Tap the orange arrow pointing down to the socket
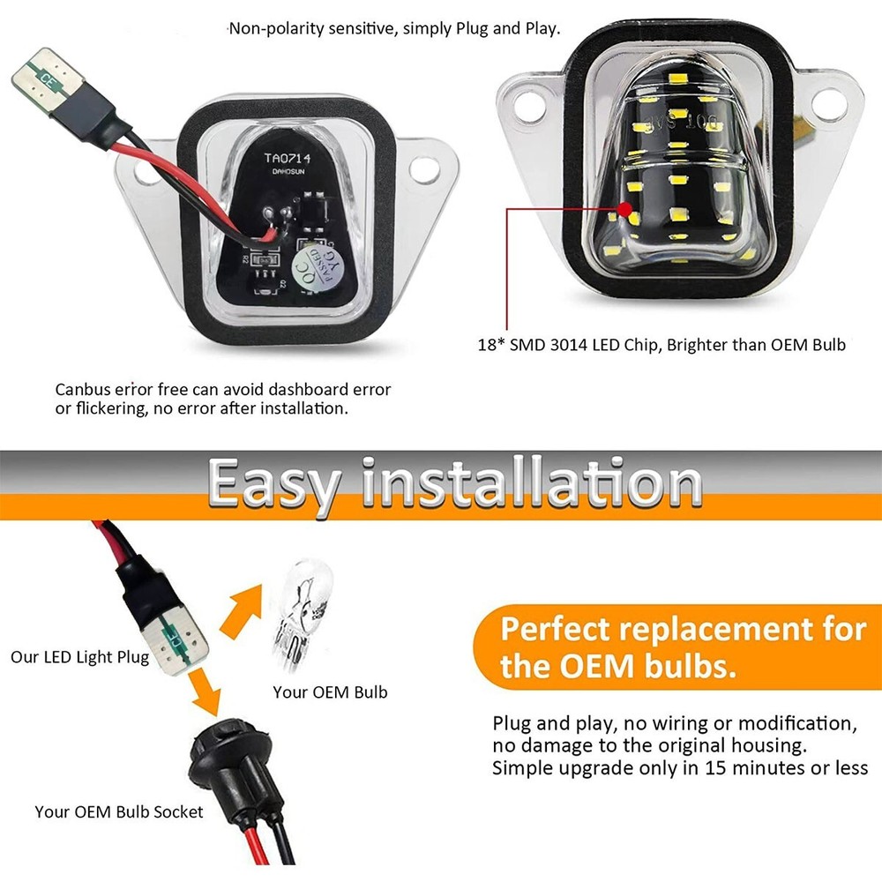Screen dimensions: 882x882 [204, 693]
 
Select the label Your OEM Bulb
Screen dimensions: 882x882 [330, 692]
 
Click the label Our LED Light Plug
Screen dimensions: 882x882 [79, 657]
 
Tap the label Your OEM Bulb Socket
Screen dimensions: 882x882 [119, 811]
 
